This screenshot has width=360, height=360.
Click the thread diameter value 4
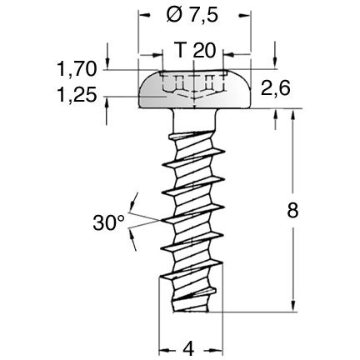tap(190, 346)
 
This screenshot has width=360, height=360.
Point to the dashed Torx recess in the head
tap(193, 84)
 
